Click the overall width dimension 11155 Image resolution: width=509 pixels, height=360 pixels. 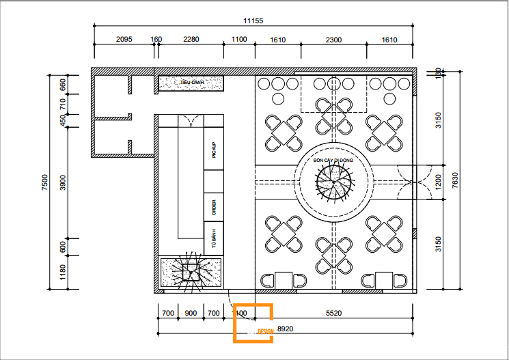click(x=252, y=21)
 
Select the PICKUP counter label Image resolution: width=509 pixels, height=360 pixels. click(x=214, y=150)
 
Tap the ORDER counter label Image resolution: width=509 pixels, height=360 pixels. click(x=214, y=207)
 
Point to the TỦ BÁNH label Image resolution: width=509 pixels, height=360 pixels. click(x=214, y=240)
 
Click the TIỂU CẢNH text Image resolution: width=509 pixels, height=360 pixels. click(x=191, y=83)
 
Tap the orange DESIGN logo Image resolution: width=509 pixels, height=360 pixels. click(x=253, y=322)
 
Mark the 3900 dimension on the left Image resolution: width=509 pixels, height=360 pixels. click(x=63, y=182)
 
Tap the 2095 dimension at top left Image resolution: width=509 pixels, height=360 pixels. click(x=123, y=40)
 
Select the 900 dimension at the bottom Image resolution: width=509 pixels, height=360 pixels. click(x=191, y=313)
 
